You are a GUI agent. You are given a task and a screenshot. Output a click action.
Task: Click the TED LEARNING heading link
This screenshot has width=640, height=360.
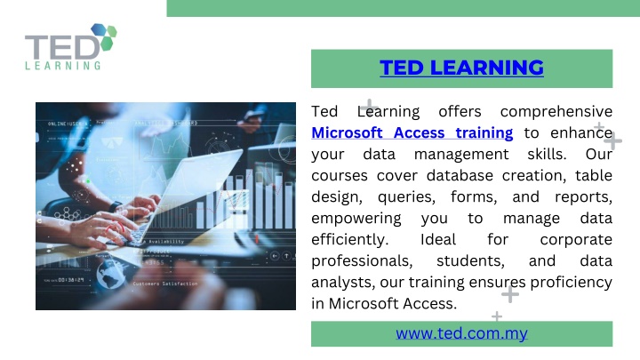click(461, 68)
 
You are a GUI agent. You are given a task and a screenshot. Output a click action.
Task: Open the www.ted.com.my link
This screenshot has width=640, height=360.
click(461, 333)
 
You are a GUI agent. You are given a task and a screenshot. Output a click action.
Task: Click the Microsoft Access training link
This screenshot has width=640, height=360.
click(412, 132)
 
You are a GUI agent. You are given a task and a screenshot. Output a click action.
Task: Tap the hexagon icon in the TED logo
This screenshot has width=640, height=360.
click(104, 36)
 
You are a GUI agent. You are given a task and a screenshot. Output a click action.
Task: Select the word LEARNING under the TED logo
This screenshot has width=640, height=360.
click(63, 65)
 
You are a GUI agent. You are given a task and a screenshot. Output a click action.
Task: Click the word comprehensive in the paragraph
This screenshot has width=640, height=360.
click(556, 112)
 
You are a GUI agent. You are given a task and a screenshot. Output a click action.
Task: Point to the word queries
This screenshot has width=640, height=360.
click(406, 197)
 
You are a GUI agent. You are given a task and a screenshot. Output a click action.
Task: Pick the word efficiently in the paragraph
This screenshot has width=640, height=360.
click(350, 240)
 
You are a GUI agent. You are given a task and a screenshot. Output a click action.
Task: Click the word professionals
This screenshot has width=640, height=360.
click(362, 260)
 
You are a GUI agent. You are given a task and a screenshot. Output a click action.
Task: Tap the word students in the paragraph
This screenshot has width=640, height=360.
click(470, 260)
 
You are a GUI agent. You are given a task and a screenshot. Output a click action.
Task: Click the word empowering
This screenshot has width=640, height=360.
click(356, 219)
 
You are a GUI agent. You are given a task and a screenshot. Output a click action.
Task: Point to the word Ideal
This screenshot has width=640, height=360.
click(438, 239)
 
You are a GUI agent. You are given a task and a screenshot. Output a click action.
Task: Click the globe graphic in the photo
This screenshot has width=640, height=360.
click(111, 275)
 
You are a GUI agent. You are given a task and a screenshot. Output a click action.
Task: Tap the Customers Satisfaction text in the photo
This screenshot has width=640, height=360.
click(165, 284)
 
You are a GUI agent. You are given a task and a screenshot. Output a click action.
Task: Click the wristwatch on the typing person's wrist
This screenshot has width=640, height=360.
click(115, 206)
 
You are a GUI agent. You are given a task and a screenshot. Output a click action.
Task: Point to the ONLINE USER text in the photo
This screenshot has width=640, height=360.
click(68, 124)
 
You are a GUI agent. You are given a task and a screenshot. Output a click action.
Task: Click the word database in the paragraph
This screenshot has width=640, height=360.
click(460, 175)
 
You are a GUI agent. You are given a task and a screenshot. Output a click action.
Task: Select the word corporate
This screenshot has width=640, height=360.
click(576, 240)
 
